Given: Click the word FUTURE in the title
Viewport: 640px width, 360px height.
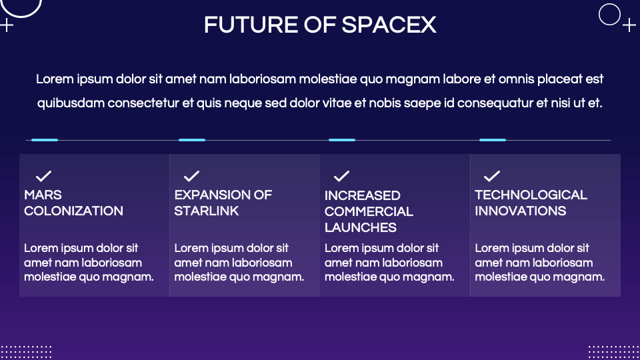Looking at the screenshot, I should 242,25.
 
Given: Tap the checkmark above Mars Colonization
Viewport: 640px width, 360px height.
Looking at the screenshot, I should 43,176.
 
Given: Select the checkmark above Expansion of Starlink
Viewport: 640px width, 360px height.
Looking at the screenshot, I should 192,176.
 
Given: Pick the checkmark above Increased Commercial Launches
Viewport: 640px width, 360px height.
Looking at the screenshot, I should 341,176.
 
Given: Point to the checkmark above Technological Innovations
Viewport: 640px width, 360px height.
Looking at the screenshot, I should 492,176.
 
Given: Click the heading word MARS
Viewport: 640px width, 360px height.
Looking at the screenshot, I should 43,195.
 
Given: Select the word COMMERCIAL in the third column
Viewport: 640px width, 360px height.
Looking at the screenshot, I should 369,211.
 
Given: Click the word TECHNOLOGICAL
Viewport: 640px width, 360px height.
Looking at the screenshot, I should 531,195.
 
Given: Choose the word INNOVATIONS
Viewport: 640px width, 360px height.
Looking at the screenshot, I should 520,211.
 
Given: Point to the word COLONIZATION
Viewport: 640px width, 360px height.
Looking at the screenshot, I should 73,211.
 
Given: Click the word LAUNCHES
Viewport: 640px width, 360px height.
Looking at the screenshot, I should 361,227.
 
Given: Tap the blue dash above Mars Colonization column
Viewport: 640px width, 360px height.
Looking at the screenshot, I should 45,140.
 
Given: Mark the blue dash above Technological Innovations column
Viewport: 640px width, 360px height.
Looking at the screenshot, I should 493,140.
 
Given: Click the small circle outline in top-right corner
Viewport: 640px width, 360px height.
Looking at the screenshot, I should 609,14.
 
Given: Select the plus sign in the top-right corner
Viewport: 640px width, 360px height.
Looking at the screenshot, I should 629,25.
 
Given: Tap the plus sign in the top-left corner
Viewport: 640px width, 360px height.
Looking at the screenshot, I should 7,25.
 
